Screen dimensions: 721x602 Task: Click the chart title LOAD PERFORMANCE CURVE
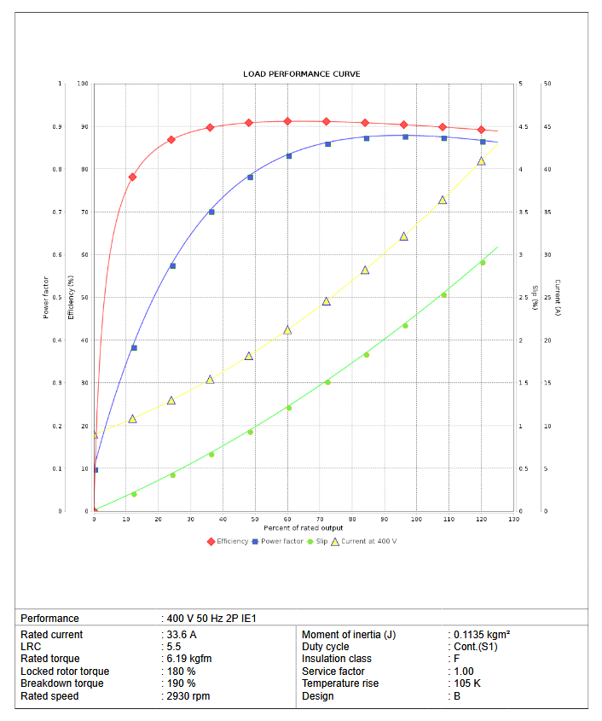point(301,74)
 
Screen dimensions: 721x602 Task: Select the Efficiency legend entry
point(229,541)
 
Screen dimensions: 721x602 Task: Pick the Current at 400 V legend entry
point(363,541)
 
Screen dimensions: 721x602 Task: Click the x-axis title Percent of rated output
point(304,528)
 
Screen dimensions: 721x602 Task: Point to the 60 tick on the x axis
point(287,519)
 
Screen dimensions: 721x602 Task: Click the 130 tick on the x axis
point(512,519)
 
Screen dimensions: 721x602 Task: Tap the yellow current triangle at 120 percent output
point(481,160)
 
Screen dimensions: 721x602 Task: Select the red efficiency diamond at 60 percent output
point(287,121)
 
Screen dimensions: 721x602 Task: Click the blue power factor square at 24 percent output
point(172,266)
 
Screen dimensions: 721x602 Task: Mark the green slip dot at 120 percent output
point(482,263)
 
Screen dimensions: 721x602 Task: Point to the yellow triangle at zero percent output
point(95,434)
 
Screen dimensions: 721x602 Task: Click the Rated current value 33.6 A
point(182,635)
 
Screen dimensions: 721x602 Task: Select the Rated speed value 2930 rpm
point(188,696)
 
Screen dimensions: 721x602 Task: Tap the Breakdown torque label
point(62,683)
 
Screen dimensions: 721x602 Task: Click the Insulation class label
point(336,659)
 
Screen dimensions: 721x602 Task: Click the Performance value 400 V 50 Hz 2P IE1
point(211,619)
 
